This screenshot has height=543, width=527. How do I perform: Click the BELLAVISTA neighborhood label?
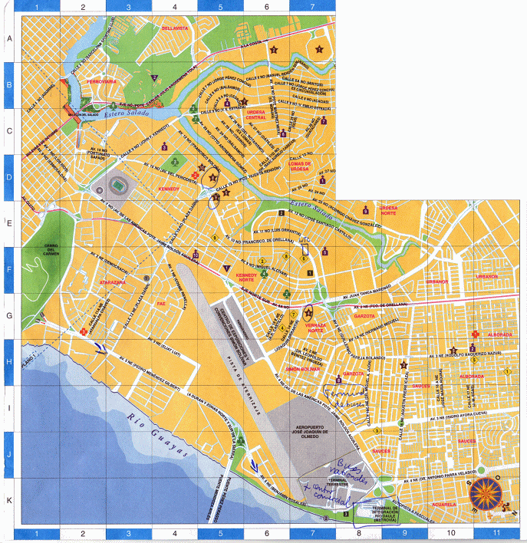click(175, 28)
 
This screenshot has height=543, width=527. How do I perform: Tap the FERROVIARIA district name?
click(100, 81)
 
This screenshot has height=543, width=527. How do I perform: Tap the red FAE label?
click(161, 304)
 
